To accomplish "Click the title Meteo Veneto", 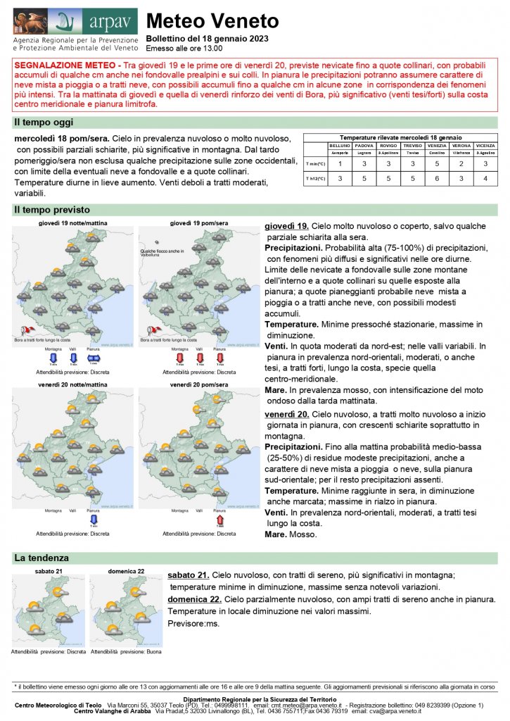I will click(212, 22).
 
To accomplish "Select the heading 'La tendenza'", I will click(42, 558).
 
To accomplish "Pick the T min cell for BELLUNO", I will click(340, 164).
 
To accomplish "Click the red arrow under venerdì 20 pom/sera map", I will click(219, 520).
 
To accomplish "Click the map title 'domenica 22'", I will click(127, 571).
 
